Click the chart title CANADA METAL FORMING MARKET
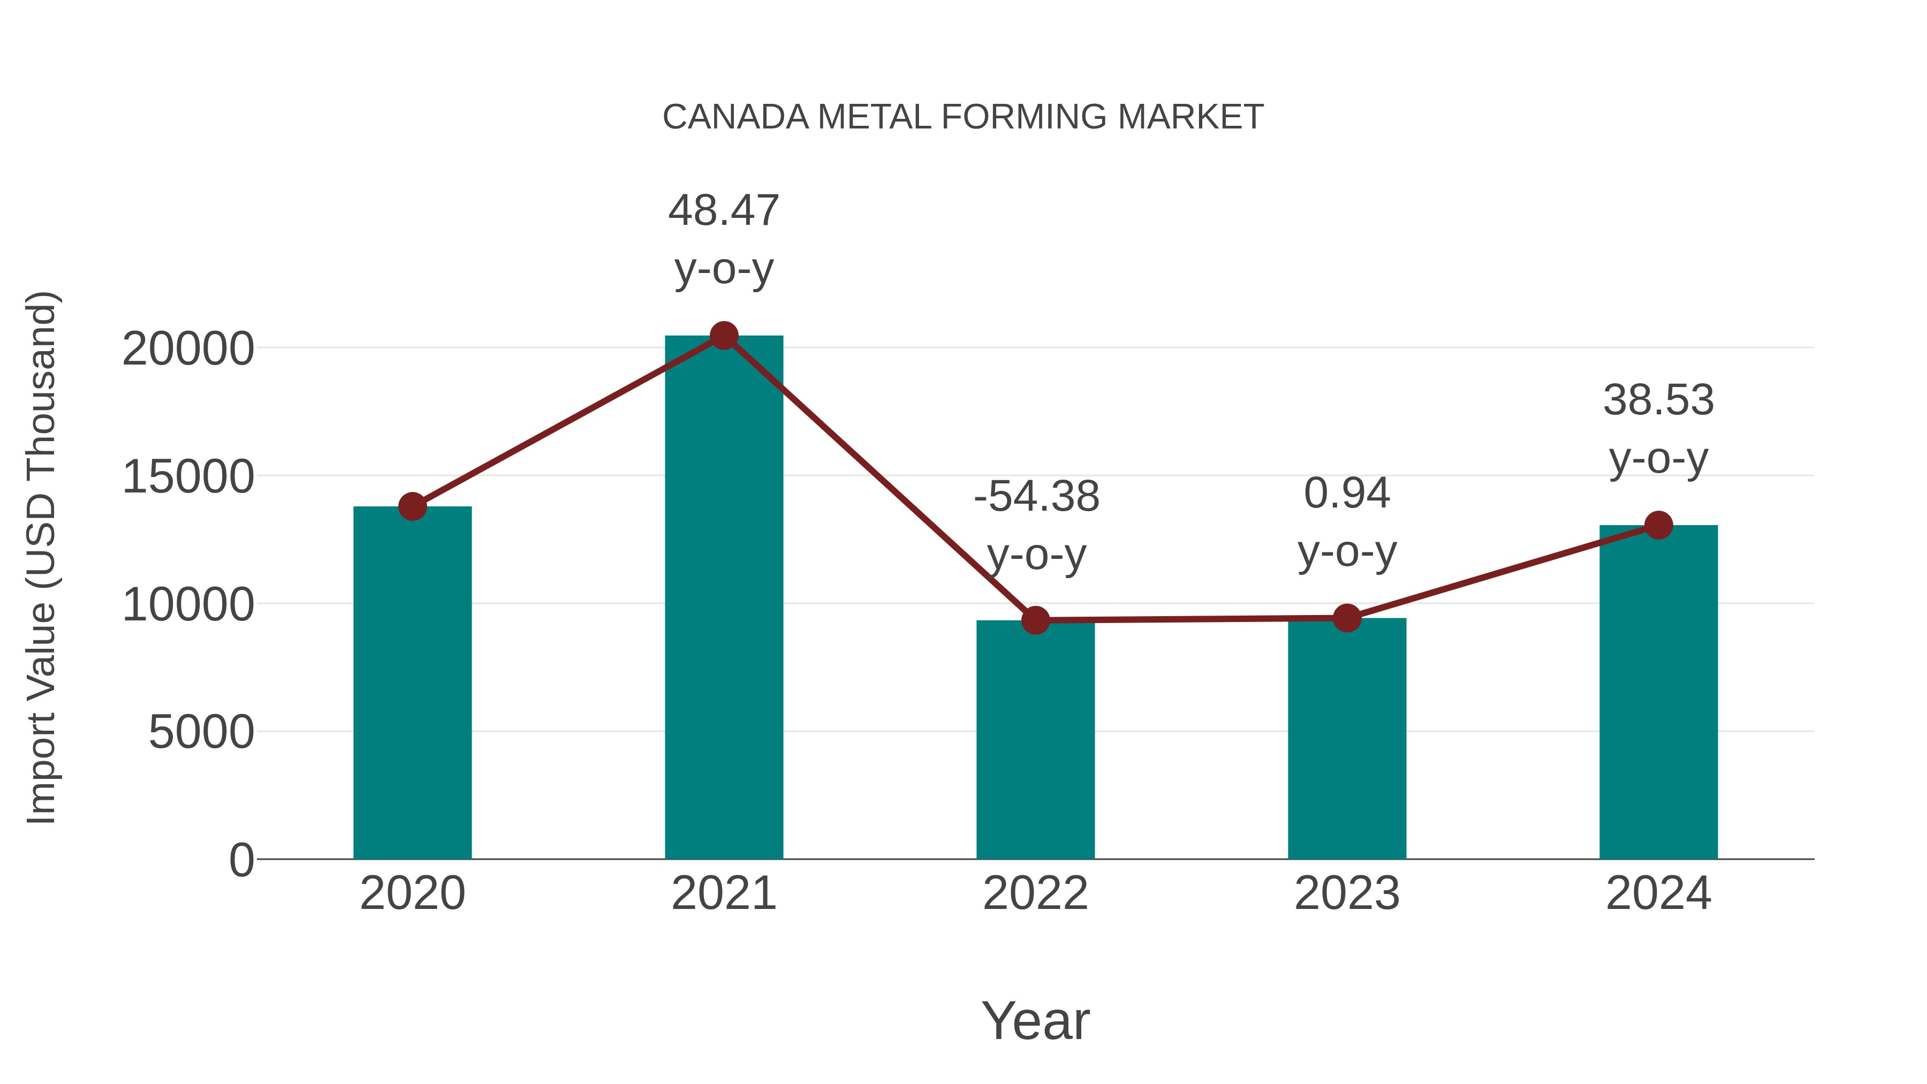coord(963,117)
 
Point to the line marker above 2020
coord(412,506)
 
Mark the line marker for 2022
coord(1035,620)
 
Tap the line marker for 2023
coord(1347,618)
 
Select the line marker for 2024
coord(1658,525)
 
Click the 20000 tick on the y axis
coord(188,348)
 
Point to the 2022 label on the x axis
coord(1035,893)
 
